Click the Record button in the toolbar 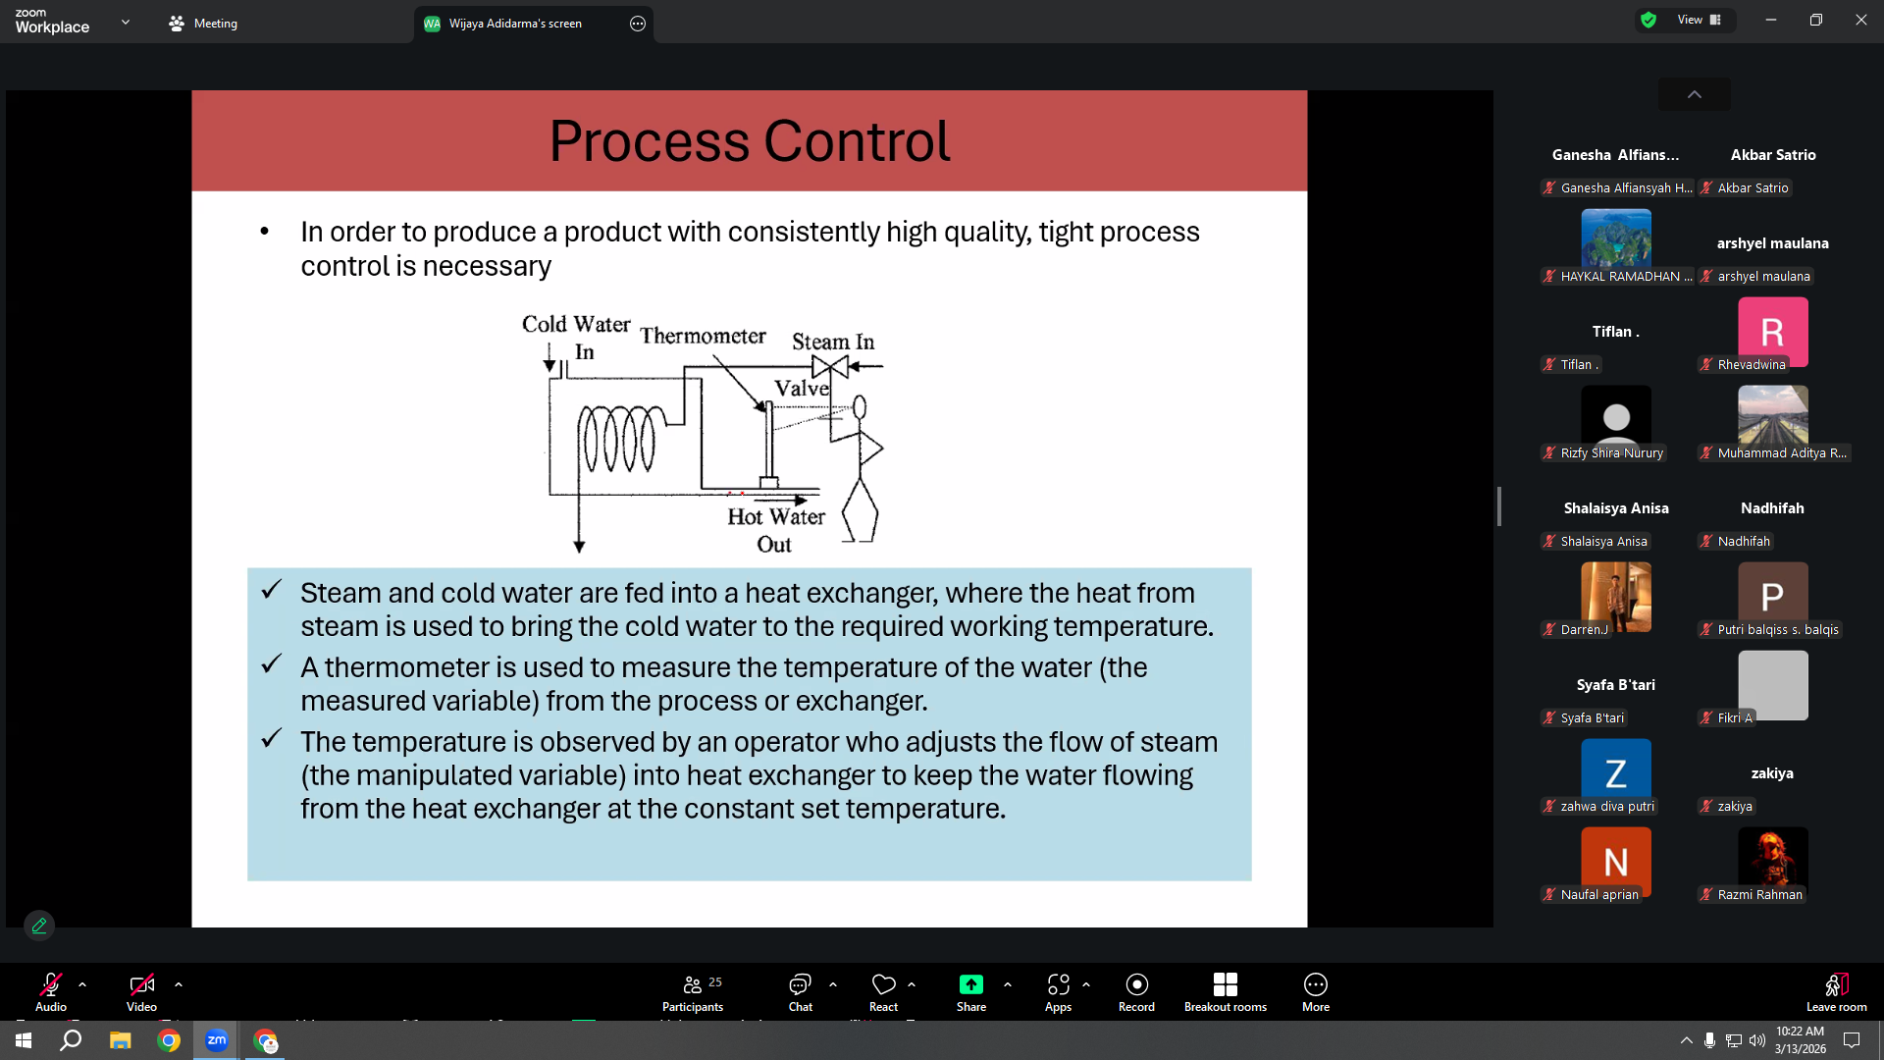click(x=1136, y=991)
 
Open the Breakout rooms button click(x=1225, y=991)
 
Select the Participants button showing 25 click(x=693, y=991)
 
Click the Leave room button click(x=1836, y=991)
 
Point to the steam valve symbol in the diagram click(x=830, y=366)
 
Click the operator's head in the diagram click(x=860, y=406)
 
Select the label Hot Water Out click(x=775, y=530)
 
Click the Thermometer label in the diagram click(x=703, y=336)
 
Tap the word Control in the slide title click(x=857, y=141)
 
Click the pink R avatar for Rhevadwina click(x=1772, y=332)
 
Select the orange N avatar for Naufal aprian click(x=1615, y=862)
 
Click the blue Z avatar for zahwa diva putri click(x=1615, y=773)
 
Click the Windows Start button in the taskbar click(x=24, y=1040)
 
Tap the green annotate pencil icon click(x=39, y=926)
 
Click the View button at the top click(x=1699, y=20)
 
